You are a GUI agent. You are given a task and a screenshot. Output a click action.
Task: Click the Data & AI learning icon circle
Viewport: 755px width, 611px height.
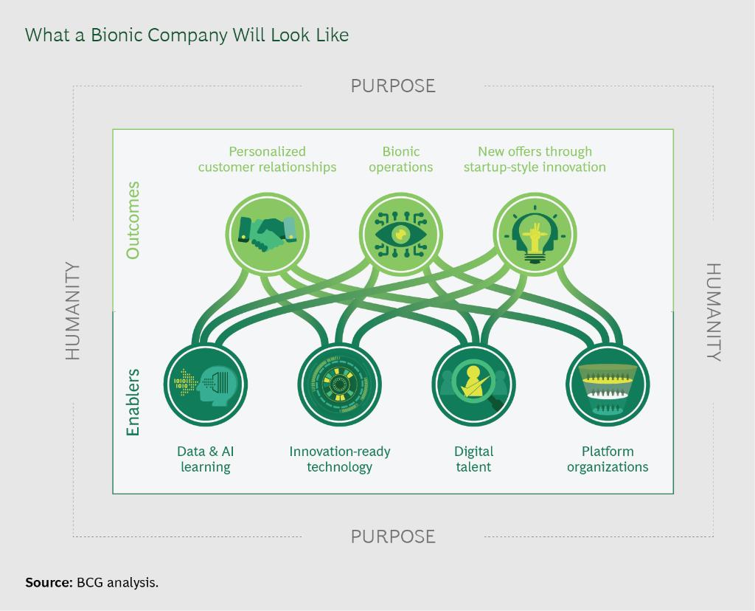[205, 384]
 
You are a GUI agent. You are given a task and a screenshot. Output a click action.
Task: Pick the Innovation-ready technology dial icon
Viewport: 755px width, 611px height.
[339, 384]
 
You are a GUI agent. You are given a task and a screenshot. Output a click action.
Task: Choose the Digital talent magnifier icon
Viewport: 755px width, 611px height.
[473, 384]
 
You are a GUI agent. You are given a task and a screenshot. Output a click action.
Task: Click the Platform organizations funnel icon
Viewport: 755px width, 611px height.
[608, 384]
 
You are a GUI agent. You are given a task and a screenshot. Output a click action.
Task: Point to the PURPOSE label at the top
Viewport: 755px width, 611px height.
[393, 86]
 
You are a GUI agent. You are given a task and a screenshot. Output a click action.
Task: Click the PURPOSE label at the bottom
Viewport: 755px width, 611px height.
[393, 536]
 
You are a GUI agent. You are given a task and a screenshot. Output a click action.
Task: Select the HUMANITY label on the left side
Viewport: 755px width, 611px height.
[72, 311]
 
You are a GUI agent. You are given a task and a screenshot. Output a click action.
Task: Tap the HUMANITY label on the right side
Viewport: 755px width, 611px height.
[714, 311]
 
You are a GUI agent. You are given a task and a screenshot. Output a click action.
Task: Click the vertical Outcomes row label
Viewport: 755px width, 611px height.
[133, 220]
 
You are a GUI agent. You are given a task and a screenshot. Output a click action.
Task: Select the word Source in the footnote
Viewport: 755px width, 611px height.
[47, 582]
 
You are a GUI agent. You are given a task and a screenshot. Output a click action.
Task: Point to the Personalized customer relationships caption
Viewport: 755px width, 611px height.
[267, 159]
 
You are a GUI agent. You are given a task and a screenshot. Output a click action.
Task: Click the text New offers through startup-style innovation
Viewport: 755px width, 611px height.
[535, 159]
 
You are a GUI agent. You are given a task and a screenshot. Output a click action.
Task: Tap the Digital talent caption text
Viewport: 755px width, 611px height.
[473, 459]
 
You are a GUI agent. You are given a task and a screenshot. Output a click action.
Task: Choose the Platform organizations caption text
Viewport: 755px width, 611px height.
[608, 459]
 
